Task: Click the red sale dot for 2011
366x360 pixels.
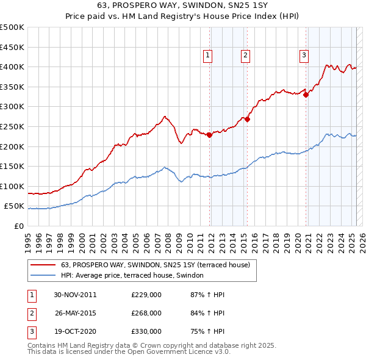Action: pos(209,135)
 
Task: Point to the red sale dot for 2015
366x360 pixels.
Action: pos(248,120)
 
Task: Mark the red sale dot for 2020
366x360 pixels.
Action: pos(306,95)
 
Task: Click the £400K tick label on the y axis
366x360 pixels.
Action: pos(12,67)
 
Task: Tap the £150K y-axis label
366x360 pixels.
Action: pos(12,166)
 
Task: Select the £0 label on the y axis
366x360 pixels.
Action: pos(18,226)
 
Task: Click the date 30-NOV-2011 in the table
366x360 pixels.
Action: pos(76,295)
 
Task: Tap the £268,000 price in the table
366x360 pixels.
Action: pos(146,313)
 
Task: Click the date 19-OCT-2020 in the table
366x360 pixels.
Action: pos(76,331)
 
